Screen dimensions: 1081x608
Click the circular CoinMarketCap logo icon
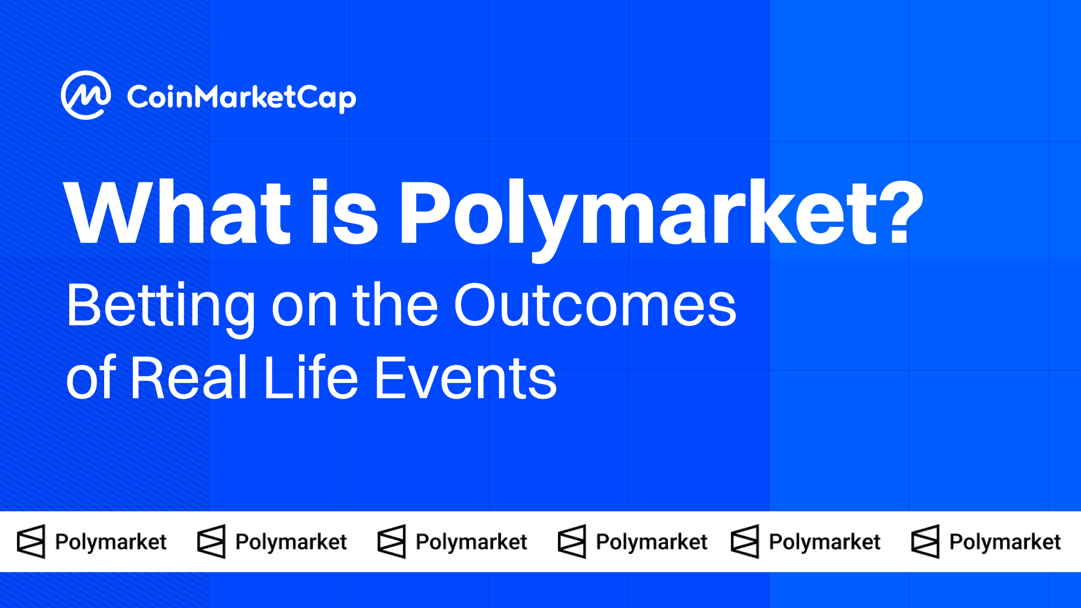tap(86, 95)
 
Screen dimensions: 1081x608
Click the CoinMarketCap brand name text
tap(242, 98)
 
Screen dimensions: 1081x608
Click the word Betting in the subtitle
tap(161, 309)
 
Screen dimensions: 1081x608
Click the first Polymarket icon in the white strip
tap(31, 542)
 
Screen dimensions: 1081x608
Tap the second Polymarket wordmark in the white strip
tap(291, 542)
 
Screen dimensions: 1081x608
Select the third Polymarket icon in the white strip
tap(391, 542)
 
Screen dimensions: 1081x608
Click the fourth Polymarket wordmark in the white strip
tap(651, 542)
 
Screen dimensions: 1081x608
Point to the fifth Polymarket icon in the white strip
tap(745, 542)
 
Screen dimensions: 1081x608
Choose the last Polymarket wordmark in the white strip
tap(1005, 542)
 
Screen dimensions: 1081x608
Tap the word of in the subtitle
tap(91, 377)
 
